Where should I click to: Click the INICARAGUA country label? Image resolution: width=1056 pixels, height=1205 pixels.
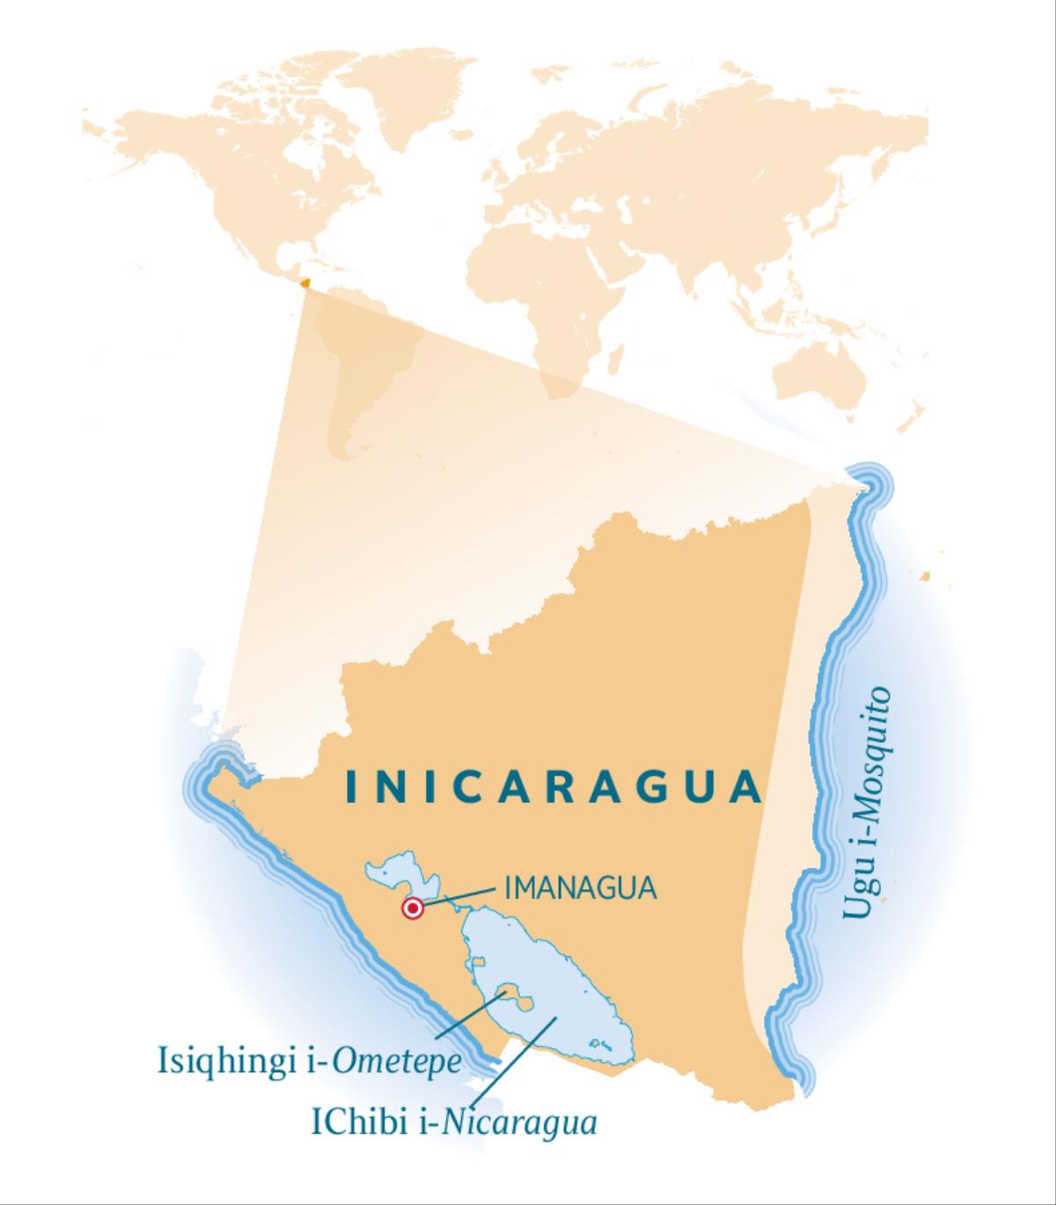point(554,787)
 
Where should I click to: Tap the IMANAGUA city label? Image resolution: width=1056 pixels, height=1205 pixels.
point(581,887)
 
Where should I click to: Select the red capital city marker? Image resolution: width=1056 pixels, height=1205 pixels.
point(412,909)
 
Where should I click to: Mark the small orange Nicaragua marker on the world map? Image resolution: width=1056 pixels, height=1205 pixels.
point(304,283)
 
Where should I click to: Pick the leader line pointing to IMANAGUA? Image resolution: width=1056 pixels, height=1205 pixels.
point(462,896)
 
